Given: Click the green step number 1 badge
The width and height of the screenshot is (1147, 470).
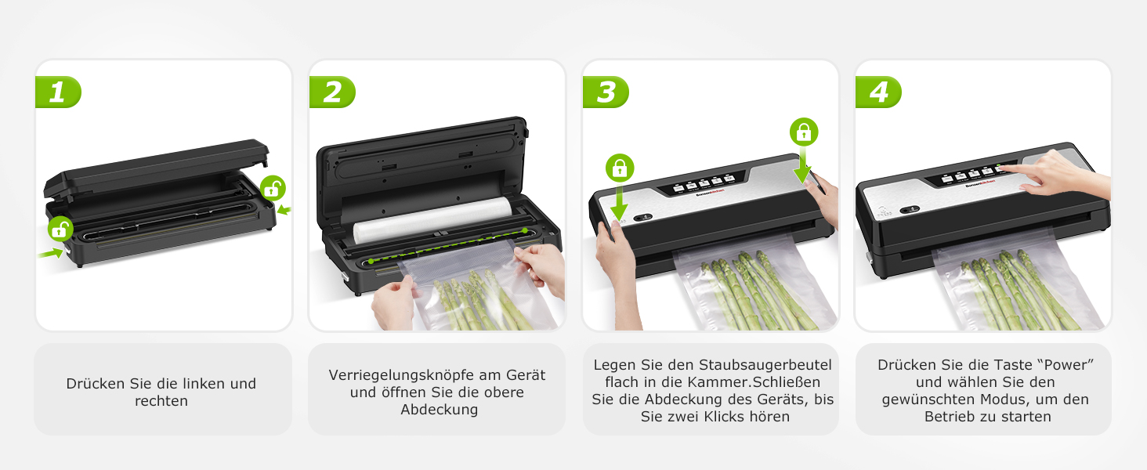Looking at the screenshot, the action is point(58,92).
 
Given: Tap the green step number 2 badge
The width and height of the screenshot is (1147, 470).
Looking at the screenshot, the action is point(332,92).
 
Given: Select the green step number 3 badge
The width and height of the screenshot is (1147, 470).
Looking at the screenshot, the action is point(606,92).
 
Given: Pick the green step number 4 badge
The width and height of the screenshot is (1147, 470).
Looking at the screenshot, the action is point(879,92).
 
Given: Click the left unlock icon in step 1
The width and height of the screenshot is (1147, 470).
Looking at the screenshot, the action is point(60,229).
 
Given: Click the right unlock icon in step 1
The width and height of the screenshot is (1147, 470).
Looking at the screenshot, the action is point(273,188).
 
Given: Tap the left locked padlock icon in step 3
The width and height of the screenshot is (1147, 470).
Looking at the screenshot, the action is point(620,168).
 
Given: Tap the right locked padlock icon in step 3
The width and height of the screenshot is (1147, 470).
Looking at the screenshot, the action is point(804,132).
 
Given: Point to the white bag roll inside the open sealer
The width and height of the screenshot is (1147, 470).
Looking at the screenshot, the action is point(432,220).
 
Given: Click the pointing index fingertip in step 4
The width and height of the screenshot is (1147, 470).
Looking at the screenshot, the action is point(1003,167).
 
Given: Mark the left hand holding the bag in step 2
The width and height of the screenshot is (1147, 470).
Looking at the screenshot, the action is point(393,302).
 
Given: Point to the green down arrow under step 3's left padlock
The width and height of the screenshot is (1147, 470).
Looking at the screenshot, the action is point(619,203).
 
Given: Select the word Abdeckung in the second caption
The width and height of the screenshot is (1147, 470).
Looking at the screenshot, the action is point(440,410).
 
